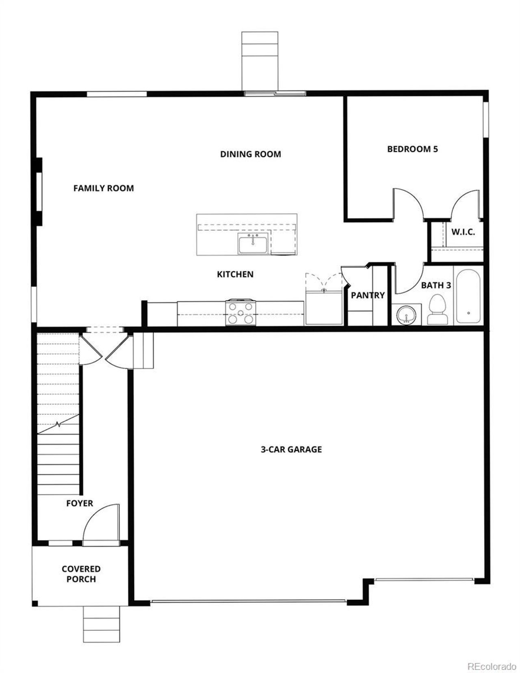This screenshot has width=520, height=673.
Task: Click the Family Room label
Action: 103,188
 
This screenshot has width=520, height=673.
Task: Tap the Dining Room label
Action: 250,154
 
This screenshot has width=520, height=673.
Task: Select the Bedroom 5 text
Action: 412,149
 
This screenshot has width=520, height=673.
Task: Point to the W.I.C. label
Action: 463,233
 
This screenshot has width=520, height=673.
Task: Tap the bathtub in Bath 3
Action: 468,296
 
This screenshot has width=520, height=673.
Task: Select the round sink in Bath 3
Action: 405,315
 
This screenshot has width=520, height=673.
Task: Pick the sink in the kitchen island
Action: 253,244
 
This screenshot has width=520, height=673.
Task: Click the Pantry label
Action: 367,295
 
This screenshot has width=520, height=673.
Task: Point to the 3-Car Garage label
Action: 291,449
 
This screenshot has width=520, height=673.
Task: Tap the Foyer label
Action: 80,503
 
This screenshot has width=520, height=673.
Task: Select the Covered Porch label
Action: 81,574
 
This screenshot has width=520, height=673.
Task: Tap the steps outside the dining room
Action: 260,61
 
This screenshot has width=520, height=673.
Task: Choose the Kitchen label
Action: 235,274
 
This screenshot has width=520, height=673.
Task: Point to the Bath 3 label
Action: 435,285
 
